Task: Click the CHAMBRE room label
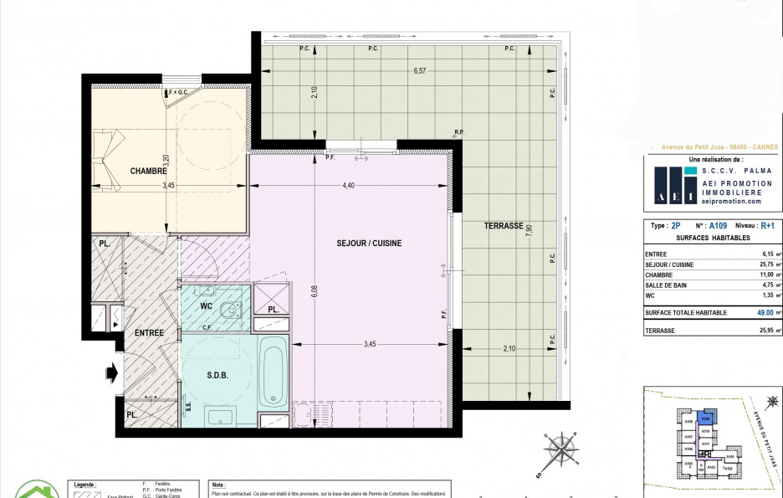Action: click(x=149, y=172)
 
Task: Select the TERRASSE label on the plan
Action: click(x=504, y=226)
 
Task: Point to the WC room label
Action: click(x=206, y=306)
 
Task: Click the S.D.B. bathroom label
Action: click(x=217, y=375)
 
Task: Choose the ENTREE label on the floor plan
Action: click(x=150, y=333)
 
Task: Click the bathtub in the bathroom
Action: click(x=273, y=372)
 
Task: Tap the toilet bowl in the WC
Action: click(x=230, y=310)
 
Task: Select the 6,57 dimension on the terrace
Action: click(x=420, y=72)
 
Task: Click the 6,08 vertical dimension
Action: click(x=315, y=290)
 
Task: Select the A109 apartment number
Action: click(x=718, y=226)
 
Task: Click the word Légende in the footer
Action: click(x=85, y=484)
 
